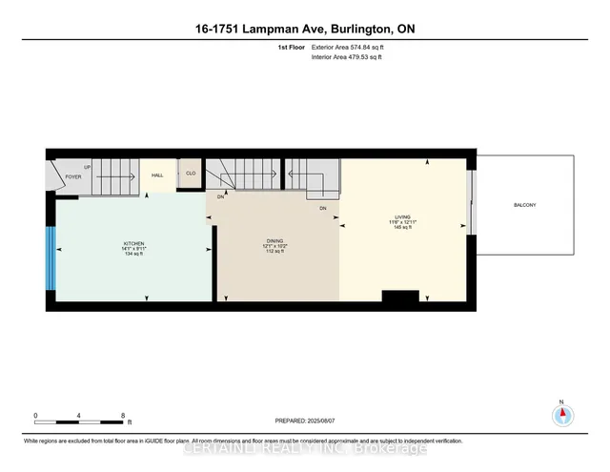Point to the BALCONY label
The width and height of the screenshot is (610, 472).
524,205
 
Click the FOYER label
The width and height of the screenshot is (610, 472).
72,176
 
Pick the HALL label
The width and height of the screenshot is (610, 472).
158,174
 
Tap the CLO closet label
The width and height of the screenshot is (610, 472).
191,174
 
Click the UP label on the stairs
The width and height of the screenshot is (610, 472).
88,166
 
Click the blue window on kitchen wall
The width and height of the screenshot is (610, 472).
51,257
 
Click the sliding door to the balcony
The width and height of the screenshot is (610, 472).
470,202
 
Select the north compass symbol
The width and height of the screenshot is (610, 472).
562,415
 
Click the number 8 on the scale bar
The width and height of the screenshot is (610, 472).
123,415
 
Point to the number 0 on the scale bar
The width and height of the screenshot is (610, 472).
35,415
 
